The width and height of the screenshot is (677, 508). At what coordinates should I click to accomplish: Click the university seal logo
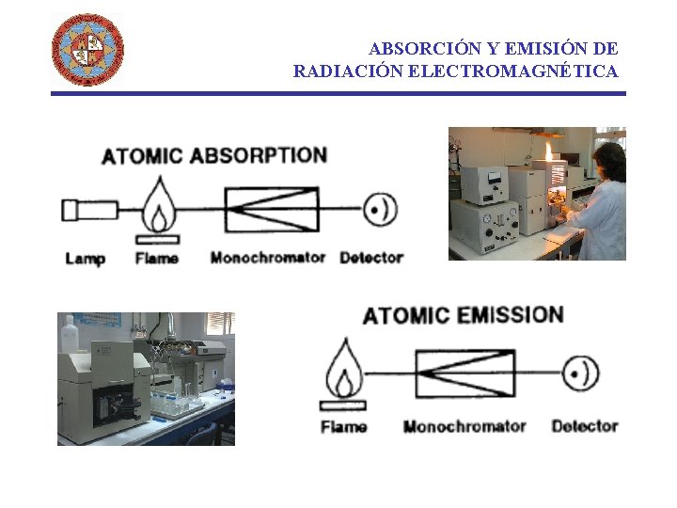(x=87, y=49)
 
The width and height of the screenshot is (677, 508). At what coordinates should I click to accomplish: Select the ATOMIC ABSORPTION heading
(x=214, y=155)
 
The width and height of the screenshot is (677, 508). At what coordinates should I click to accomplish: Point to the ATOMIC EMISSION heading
(x=463, y=315)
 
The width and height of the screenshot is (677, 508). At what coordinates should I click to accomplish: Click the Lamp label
(x=85, y=258)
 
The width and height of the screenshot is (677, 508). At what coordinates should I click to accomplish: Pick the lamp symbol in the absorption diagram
(x=89, y=210)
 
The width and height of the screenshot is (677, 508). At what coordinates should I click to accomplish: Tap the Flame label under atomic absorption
(x=157, y=258)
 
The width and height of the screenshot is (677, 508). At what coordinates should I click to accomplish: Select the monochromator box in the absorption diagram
(x=271, y=209)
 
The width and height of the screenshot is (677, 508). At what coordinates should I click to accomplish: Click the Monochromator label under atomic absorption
(x=268, y=258)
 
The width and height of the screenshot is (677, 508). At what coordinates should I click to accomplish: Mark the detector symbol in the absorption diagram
(x=381, y=210)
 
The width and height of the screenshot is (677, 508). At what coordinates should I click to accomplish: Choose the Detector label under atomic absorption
(x=371, y=258)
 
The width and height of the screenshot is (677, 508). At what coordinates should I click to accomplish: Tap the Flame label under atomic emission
(x=344, y=426)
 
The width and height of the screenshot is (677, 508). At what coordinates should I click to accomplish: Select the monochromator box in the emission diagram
(x=465, y=374)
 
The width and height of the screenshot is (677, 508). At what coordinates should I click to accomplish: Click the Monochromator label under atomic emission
(x=464, y=426)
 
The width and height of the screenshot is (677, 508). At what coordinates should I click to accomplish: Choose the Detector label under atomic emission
(x=584, y=426)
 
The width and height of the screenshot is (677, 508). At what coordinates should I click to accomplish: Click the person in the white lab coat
(x=602, y=202)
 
